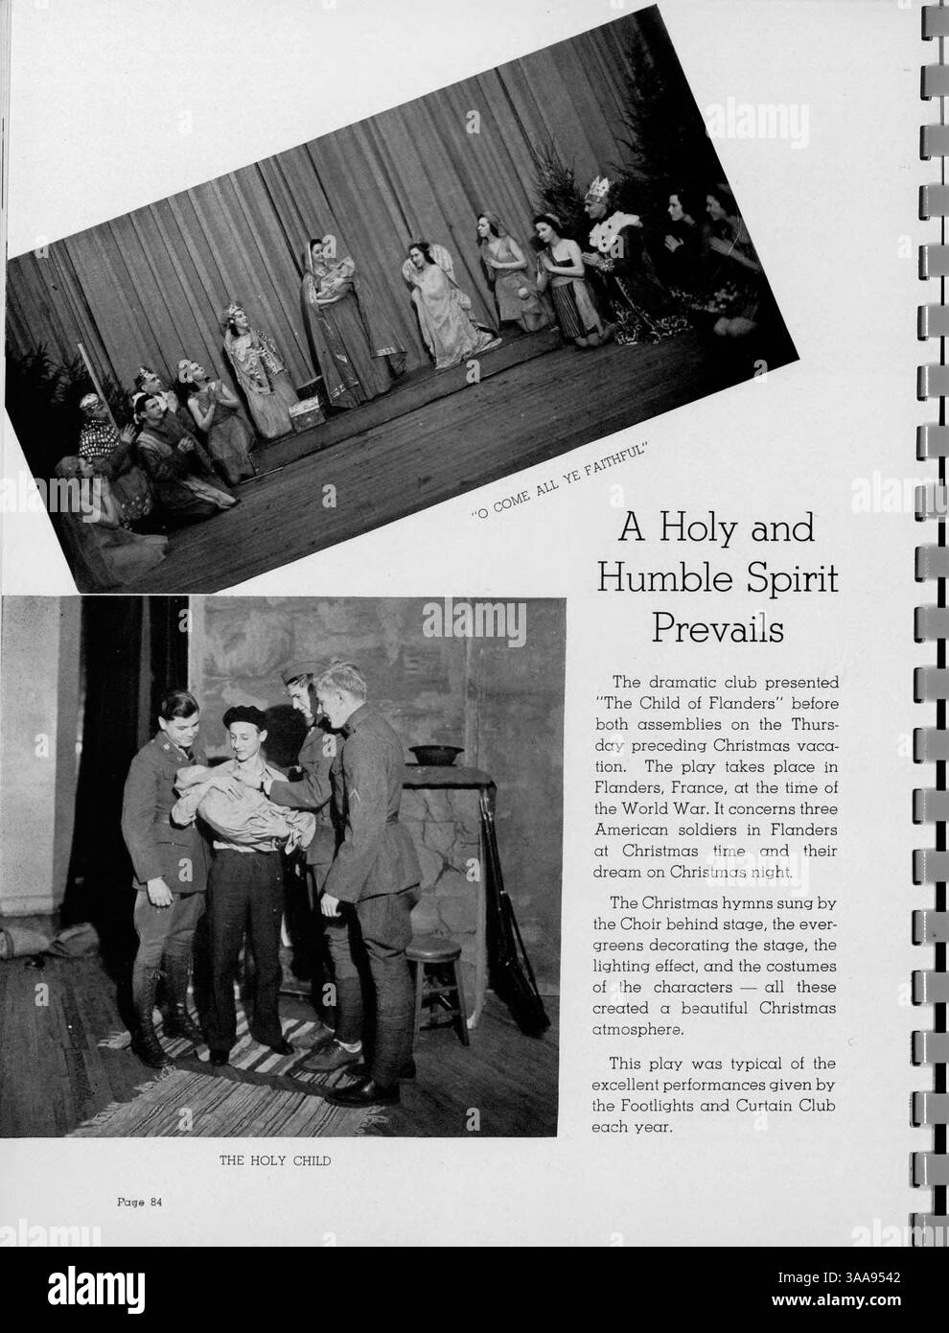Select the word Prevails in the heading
pos(718,630)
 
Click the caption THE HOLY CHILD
pos(275,1160)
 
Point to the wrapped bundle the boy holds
pos(216,796)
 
